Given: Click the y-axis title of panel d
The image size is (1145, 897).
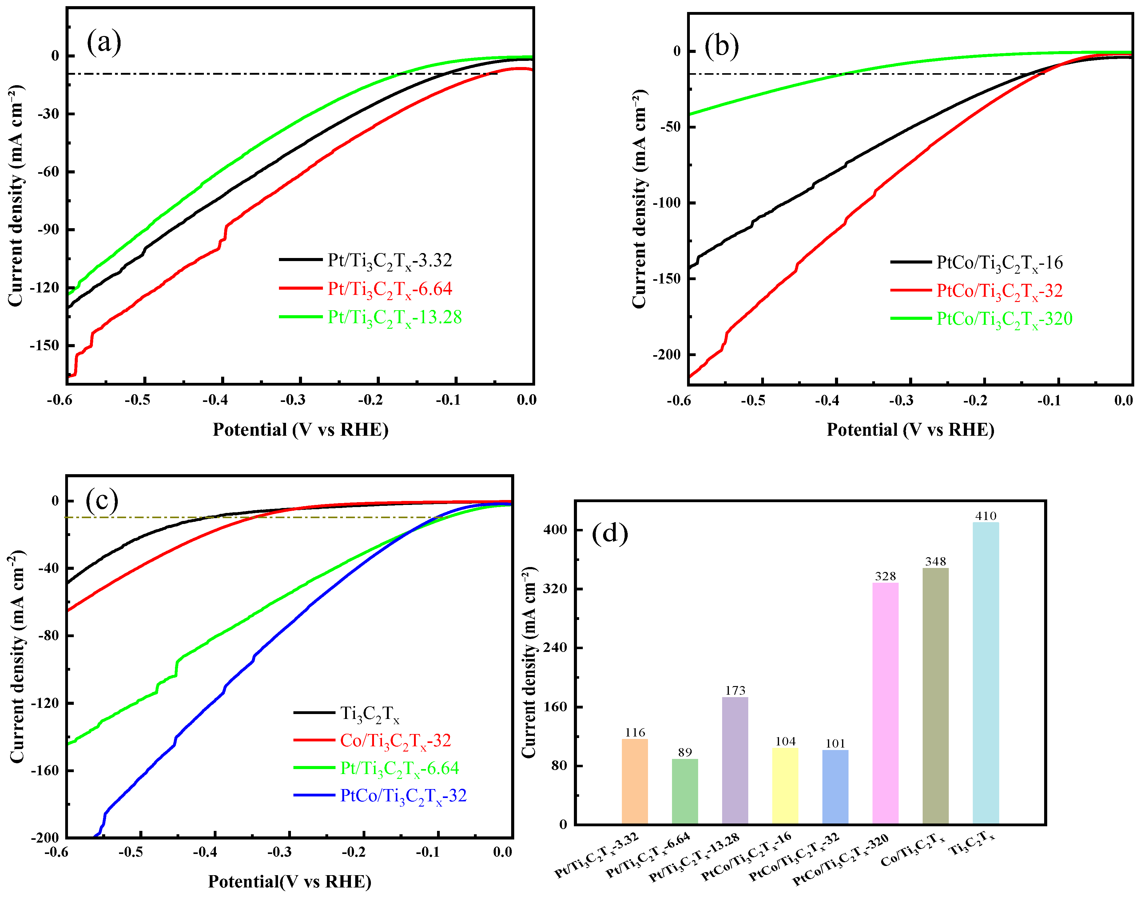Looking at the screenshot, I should click(529, 663).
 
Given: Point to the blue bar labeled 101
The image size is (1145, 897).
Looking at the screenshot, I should click(835, 787).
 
